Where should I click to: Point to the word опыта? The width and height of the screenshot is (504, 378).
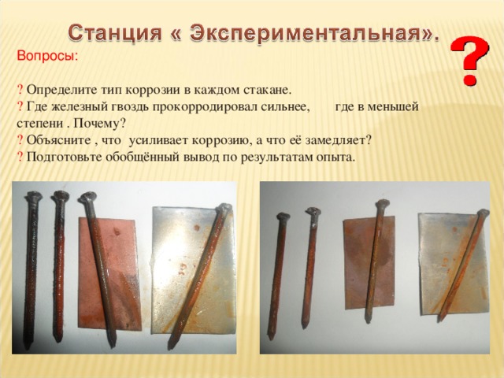(334, 157)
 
